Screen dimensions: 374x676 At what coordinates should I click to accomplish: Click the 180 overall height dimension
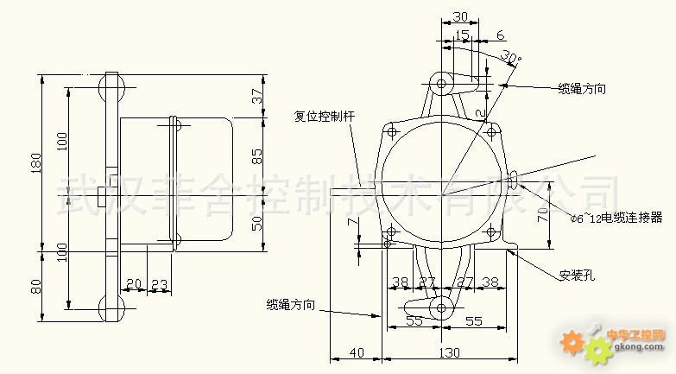(x=35, y=163)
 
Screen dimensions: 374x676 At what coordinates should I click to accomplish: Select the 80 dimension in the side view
(x=35, y=285)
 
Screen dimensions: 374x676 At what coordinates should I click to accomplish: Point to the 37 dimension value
(x=256, y=97)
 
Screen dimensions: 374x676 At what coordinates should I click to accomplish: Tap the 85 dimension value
(x=256, y=157)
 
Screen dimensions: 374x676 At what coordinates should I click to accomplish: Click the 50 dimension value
(x=256, y=223)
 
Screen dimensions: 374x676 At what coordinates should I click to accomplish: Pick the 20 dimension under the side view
(x=133, y=282)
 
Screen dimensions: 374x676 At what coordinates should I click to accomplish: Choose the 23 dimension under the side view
(x=160, y=282)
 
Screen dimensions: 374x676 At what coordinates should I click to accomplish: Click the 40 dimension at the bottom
(x=355, y=352)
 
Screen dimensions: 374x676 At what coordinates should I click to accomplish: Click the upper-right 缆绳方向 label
(x=581, y=88)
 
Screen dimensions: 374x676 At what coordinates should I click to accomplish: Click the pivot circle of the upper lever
(x=442, y=85)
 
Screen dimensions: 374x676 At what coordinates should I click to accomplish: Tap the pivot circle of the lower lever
(x=442, y=307)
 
